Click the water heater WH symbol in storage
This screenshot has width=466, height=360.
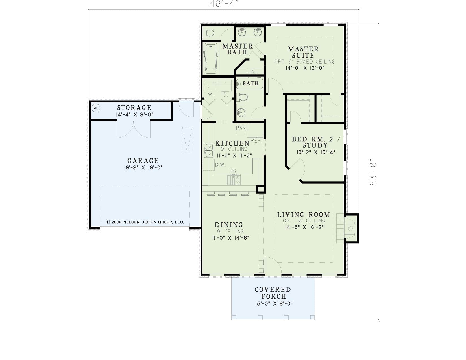coord(96,108)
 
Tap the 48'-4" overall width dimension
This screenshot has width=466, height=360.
coord(224,4)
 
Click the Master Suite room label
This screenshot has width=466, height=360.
coord(303,52)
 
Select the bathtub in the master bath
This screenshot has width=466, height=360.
coord(211,58)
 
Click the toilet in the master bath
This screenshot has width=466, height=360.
coord(209,33)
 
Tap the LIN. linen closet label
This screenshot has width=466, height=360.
coord(251,71)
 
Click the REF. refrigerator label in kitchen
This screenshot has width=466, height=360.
coord(257,141)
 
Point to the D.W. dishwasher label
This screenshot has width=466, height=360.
coord(220,165)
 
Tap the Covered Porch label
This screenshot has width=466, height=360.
coord(273,293)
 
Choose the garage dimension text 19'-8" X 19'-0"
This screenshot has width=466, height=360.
coord(143,167)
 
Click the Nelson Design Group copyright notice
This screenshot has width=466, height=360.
coord(145,222)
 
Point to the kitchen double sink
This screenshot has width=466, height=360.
coord(209,150)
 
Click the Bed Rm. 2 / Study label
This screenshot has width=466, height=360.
coord(316,142)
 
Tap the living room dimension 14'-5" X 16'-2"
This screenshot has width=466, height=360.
coord(304,227)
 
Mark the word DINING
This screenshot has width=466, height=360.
coord(229,225)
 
